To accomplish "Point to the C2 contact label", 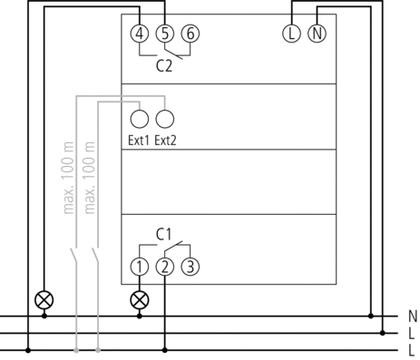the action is point(164,66).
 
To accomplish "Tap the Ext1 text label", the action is point(139,141).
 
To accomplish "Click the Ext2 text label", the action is point(165,141).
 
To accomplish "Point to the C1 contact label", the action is point(163,234).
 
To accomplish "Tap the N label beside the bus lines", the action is point(413,316).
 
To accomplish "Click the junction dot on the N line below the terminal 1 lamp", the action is point(140,316).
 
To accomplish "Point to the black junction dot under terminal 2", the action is point(165,350).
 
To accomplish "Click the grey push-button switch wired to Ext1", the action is point(95,256).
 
